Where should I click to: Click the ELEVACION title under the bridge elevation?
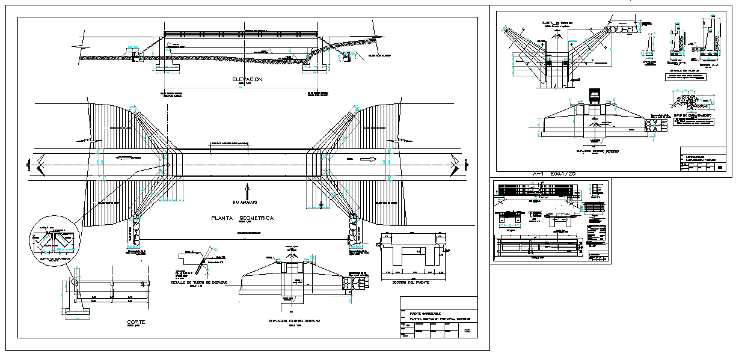point(249,79)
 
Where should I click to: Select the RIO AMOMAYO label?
point(246,202)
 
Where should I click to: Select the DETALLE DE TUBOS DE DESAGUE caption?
point(198,282)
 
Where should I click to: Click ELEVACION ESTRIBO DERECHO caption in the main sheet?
point(295,321)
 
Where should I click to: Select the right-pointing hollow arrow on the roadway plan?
point(368,159)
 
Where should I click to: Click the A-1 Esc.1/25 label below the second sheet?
point(553,173)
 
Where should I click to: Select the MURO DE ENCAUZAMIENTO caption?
point(692,114)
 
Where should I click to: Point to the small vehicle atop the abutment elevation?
point(594,96)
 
